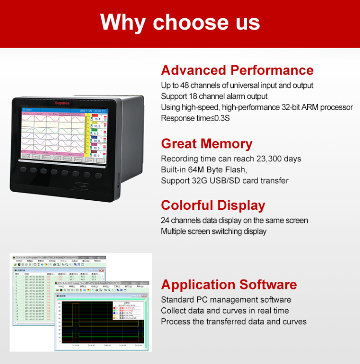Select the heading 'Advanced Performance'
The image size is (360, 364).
coord(237,70)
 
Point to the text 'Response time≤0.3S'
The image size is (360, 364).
coord(195,118)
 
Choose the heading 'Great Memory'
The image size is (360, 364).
coord(206,144)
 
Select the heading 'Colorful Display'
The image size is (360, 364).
coord(213,205)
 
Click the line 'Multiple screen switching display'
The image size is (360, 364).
coord(214,231)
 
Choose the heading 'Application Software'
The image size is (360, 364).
coord(229,284)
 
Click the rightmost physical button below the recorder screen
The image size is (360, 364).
coord(98,175)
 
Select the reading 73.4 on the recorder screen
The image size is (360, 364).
coord(96,119)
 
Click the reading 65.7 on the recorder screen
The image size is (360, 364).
coord(96,155)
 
